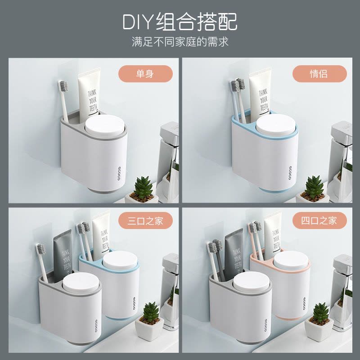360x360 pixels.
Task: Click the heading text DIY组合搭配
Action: (x=180, y=21)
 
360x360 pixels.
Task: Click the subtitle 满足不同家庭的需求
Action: (x=180, y=42)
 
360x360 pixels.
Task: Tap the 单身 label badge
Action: (x=145, y=74)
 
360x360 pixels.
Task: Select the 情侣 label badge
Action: (x=319, y=74)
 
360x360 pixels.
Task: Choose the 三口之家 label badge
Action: (x=145, y=221)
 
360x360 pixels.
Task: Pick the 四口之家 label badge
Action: (x=319, y=221)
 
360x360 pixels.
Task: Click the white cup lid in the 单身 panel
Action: (x=106, y=126)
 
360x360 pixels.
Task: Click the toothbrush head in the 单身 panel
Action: (x=63, y=87)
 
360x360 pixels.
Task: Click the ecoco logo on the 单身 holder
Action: (x=119, y=173)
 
